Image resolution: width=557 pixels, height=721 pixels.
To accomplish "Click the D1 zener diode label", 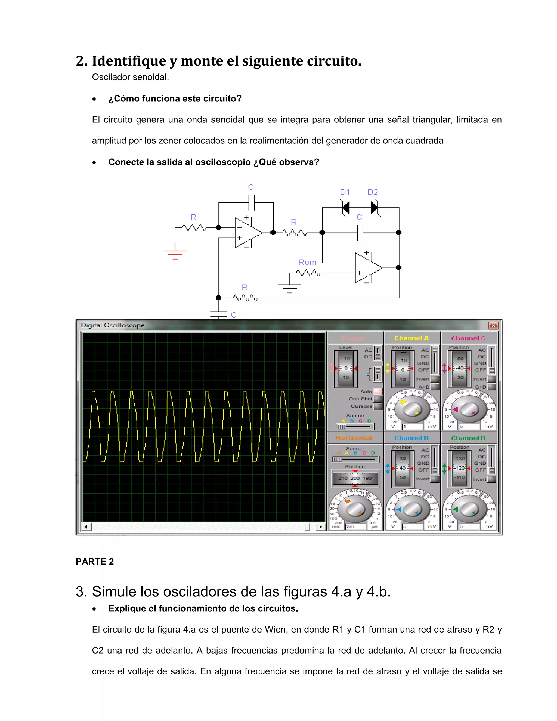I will pyautogui.click(x=345, y=192).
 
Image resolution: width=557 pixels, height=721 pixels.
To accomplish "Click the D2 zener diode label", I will pyautogui.click(x=373, y=192).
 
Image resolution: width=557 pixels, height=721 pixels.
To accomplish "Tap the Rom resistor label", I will pyautogui.click(x=307, y=263).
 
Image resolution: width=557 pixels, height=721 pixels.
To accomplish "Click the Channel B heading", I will pyautogui.click(x=411, y=438).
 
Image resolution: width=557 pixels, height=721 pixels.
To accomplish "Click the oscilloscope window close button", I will pyautogui.click(x=493, y=325).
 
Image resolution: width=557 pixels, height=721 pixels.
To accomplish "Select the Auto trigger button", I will pyautogui.click(x=378, y=392).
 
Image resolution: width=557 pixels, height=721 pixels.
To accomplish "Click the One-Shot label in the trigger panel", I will pyautogui.click(x=360, y=399).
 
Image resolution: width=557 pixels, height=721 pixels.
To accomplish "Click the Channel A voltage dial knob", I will pyautogui.click(x=412, y=409).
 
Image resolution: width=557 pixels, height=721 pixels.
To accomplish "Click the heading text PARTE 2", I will pyautogui.click(x=95, y=562).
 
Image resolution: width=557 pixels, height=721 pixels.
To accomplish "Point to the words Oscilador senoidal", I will pyautogui.click(x=130, y=77).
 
